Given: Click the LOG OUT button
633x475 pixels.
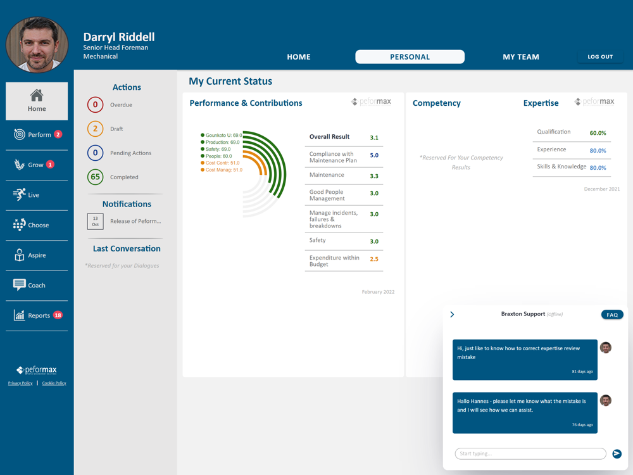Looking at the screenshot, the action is click(x=600, y=56).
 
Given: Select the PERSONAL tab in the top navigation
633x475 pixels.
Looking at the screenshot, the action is click(x=410, y=57).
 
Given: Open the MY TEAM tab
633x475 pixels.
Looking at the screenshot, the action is click(x=521, y=57).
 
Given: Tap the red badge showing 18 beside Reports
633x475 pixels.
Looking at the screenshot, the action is click(x=58, y=315).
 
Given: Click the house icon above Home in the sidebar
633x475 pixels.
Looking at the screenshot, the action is click(x=37, y=96).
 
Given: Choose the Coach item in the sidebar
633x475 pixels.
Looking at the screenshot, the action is click(x=29, y=285).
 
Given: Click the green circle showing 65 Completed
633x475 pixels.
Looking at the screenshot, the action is click(x=96, y=177).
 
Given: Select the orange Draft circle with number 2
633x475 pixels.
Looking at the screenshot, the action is click(x=96, y=129).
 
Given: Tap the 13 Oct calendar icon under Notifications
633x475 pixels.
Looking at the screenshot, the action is click(x=96, y=221).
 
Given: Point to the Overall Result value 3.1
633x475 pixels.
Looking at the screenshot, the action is click(x=374, y=137).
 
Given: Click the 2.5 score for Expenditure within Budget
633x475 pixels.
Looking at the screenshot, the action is click(x=374, y=259).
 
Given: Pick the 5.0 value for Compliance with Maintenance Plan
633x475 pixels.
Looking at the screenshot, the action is click(x=374, y=156).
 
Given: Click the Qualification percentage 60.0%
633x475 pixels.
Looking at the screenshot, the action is click(x=598, y=133).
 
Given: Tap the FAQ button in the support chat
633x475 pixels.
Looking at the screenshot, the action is click(x=612, y=315).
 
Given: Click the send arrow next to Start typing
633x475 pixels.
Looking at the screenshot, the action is click(x=617, y=453).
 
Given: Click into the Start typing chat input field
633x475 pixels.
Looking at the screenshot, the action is click(x=530, y=453).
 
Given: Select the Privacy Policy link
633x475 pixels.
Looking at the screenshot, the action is click(x=20, y=383).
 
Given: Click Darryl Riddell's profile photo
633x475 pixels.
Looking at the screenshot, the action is click(x=37, y=44).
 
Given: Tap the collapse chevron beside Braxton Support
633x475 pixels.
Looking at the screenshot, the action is click(x=452, y=315).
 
